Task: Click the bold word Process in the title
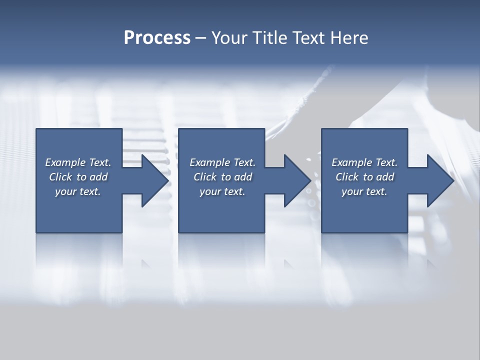click(x=157, y=38)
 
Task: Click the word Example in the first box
click(x=65, y=162)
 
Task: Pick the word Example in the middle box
click(x=210, y=162)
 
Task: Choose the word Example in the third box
click(x=352, y=162)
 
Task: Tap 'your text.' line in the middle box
click(x=222, y=191)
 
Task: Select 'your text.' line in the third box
click(x=364, y=191)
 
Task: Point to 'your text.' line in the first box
click(x=78, y=191)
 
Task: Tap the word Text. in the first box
click(x=100, y=162)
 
